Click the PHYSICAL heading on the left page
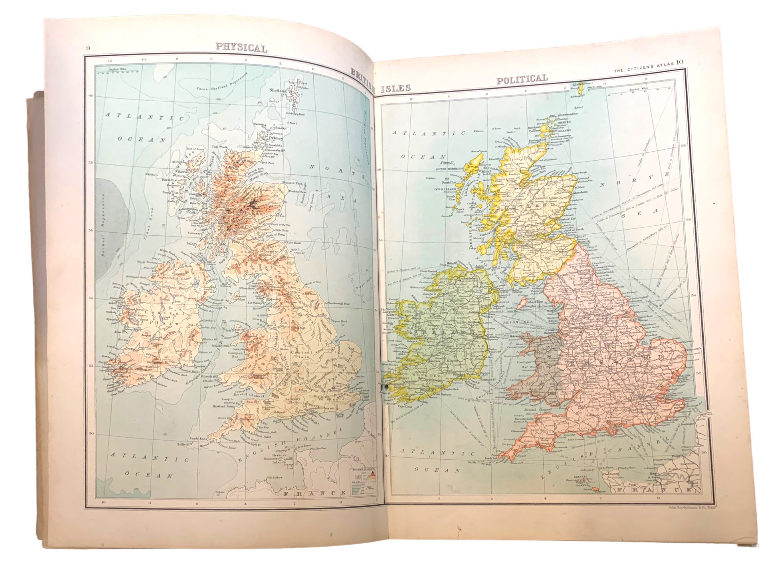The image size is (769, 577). click(241, 48)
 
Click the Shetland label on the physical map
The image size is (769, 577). click(278, 90)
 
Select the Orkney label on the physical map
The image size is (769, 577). click(275, 138)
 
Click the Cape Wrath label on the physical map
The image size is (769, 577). click(220, 147)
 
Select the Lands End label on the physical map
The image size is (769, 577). click(197, 439)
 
